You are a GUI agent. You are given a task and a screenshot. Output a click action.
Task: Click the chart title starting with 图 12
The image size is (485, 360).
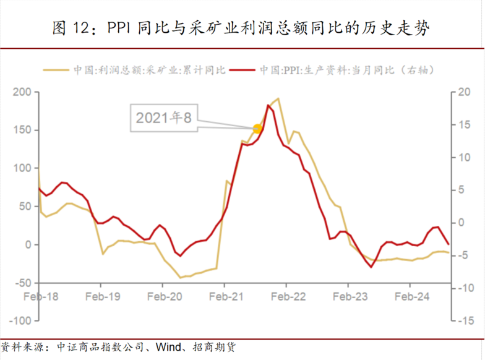click(x=242, y=27)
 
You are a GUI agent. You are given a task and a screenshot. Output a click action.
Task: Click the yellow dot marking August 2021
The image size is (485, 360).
click(x=258, y=129)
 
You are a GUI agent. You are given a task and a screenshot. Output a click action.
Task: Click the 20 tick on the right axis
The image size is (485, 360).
click(x=465, y=92)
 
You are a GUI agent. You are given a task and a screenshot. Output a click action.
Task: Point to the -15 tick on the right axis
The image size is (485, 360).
click(x=465, y=321)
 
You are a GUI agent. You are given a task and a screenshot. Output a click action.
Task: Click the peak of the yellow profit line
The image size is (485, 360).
click(x=278, y=98)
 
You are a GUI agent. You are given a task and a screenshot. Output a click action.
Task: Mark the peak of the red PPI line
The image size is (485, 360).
click(x=268, y=105)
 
